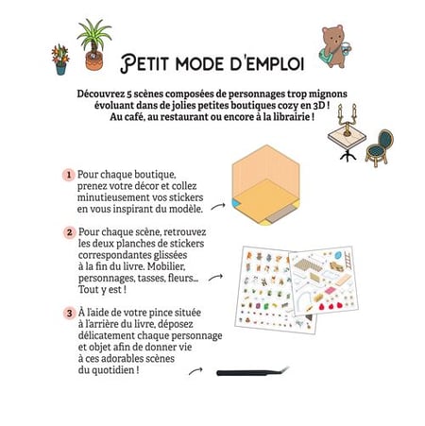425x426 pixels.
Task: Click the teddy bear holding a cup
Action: pyautogui.click(x=335, y=46)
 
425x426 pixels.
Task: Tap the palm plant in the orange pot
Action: pyautogui.click(x=94, y=44)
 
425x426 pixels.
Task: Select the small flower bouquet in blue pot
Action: pyautogui.click(x=60, y=60)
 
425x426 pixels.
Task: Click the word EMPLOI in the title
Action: pyautogui.click(x=275, y=63)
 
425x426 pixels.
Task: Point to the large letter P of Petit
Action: pyautogui.click(x=128, y=63)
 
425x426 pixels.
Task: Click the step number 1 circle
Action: pyautogui.click(x=69, y=175)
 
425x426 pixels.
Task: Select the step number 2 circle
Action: pyautogui.click(x=69, y=233)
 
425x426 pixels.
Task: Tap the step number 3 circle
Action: pyautogui.click(x=69, y=314)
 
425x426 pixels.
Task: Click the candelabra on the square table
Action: pyautogui.click(x=347, y=120)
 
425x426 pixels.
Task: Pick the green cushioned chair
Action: pyautogui.click(x=380, y=148)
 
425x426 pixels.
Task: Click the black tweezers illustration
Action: pyautogui.click(x=252, y=372)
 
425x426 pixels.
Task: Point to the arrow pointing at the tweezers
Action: pyautogui.click(x=195, y=371)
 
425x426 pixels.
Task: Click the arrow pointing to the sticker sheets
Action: pyautogui.click(x=215, y=278)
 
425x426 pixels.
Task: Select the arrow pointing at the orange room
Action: pyautogui.click(x=218, y=207)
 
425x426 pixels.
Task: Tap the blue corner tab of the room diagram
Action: pyautogui.click(x=235, y=203)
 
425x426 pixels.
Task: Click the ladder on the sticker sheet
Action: pyautogui.click(x=348, y=260)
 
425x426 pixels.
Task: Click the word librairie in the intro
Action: pyautogui.click(x=292, y=117)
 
